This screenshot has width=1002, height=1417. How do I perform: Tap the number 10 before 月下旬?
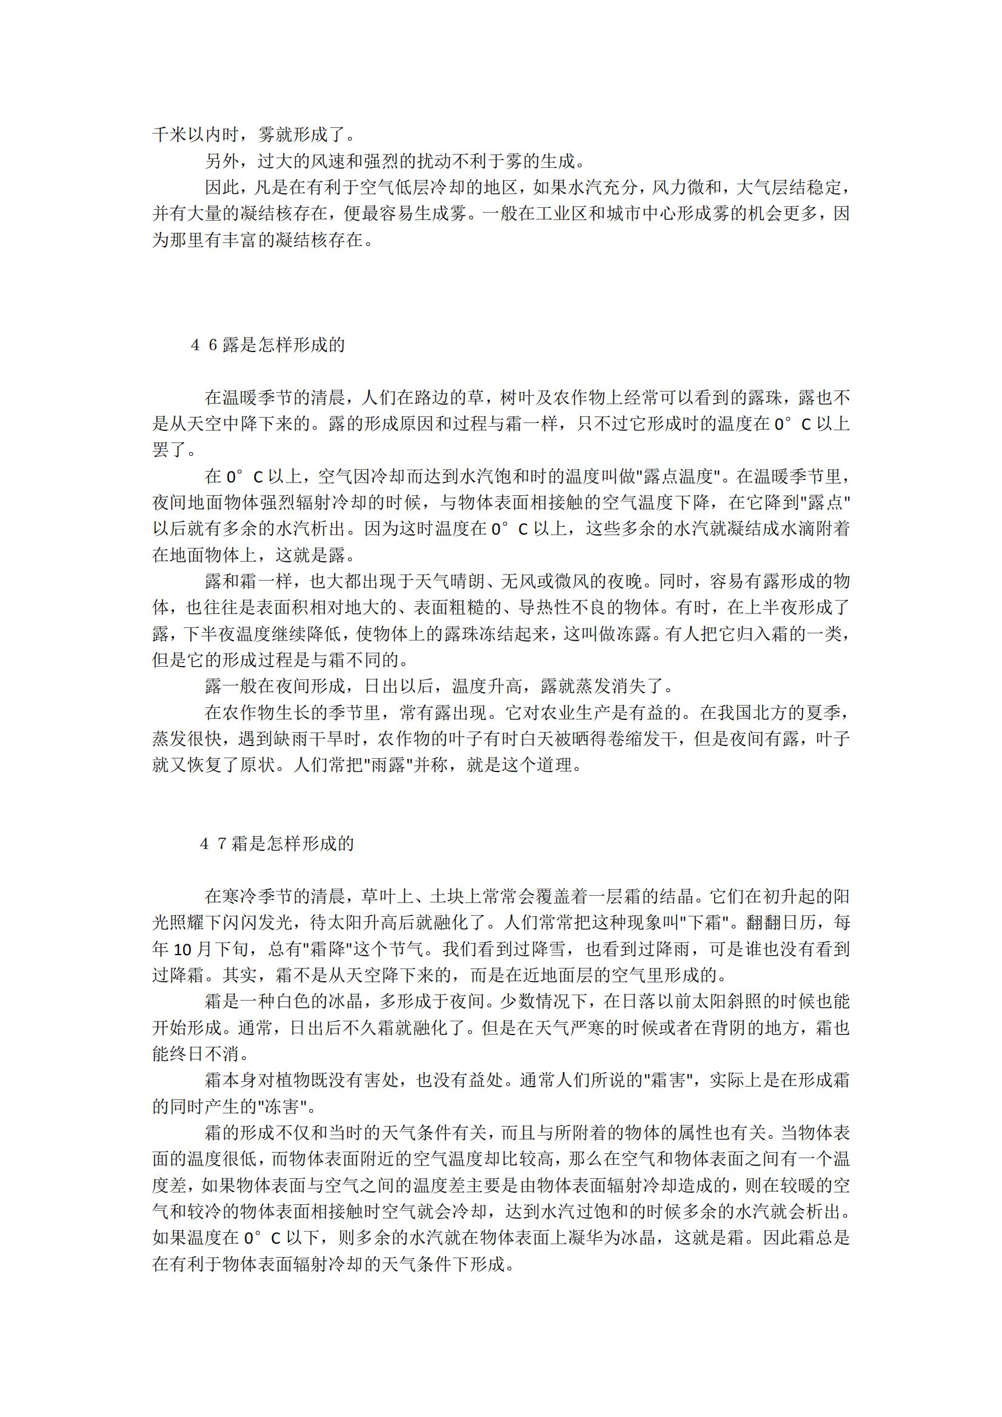[183, 950]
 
